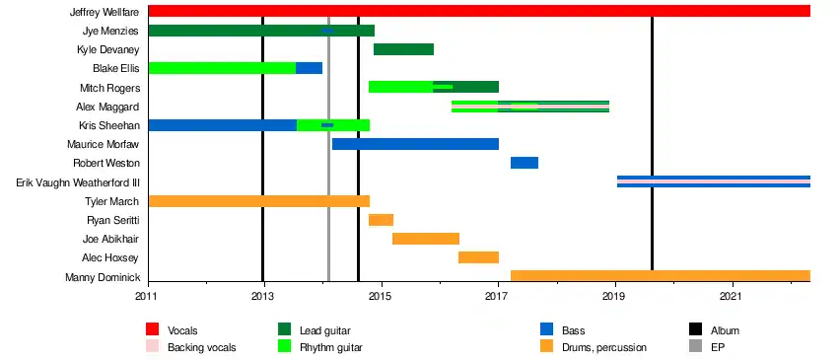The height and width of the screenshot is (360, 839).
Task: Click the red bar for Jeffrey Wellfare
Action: click(479, 11)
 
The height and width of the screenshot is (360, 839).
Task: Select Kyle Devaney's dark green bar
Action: click(403, 49)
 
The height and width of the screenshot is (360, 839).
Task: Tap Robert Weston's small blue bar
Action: click(524, 163)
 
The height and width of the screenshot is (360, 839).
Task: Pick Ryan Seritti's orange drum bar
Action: click(381, 220)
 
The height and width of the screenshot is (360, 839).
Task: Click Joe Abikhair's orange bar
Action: click(426, 239)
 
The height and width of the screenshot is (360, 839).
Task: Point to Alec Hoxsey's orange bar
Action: click(478, 257)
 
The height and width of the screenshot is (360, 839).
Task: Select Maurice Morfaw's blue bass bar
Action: click(415, 144)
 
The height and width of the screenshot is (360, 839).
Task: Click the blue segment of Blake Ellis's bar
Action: click(309, 68)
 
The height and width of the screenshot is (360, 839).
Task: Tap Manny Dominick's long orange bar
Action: click(661, 276)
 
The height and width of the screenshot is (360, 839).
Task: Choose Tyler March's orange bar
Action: click(259, 201)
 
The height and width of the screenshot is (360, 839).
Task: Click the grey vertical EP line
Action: click(328, 143)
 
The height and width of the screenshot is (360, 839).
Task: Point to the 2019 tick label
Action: click(616, 295)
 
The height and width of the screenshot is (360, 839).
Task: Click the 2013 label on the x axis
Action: click(263, 295)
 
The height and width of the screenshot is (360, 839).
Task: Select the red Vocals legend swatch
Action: click(153, 329)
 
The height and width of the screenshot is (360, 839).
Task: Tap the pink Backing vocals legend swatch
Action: click(153, 346)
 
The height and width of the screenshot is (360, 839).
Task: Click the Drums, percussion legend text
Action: click(604, 348)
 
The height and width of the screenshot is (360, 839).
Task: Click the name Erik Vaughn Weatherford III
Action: click(78, 182)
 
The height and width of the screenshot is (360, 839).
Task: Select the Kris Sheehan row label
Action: click(109, 125)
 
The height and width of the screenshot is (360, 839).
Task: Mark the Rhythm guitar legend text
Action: click(331, 348)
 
